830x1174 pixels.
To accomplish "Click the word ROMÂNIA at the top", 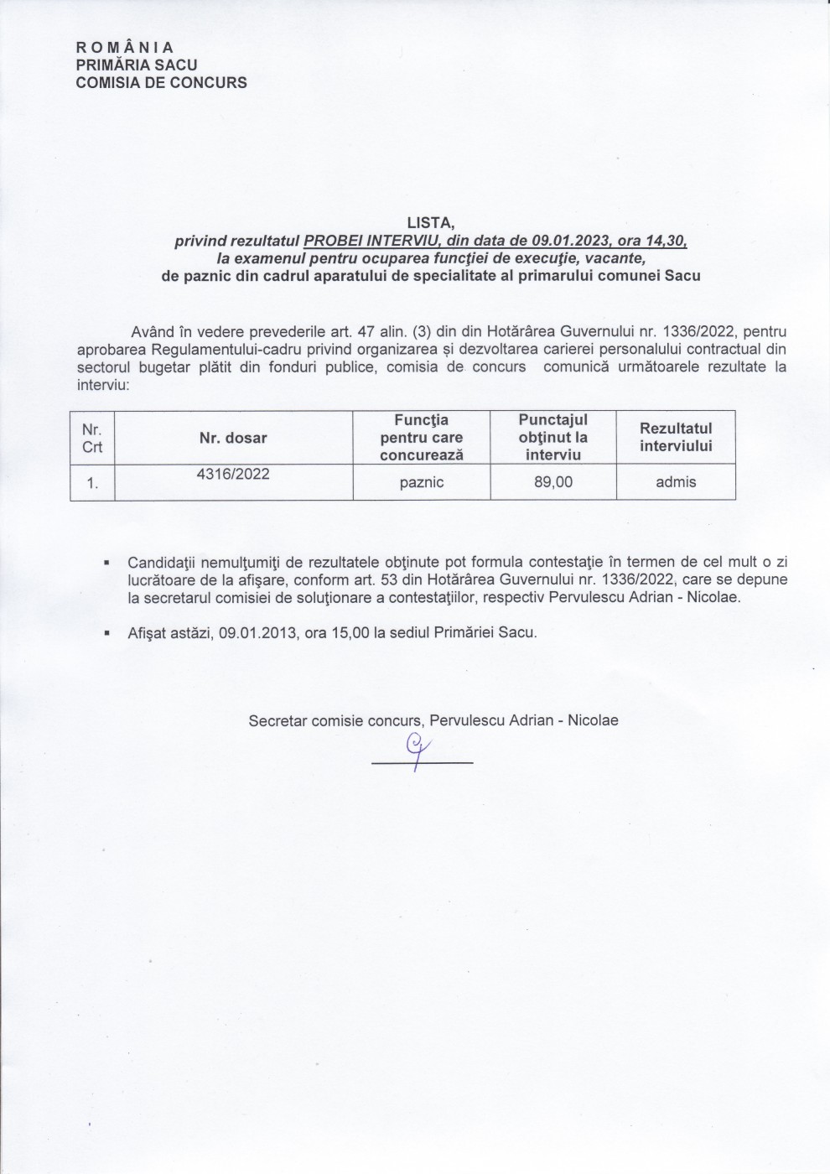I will coord(125,47).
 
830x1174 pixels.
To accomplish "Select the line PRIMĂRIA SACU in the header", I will coord(137,65).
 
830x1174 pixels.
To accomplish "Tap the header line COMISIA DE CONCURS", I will coord(161,82).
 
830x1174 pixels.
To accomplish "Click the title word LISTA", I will coord(430,223).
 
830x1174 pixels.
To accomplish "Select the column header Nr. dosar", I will coord(233,438).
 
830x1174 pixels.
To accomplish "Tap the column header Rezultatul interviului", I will coord(676,438).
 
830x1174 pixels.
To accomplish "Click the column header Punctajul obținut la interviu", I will coord(553,437).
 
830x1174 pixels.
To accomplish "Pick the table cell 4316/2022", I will coord(233,474).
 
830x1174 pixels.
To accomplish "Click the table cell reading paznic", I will coord(423,482).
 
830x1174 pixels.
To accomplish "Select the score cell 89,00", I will coord(553,482).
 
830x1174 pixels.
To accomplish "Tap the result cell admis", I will coord(676,482).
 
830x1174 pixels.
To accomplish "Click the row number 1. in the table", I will coord(92,483).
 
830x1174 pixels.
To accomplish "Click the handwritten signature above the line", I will coord(415,745).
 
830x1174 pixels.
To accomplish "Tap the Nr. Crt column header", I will coord(92,438).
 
